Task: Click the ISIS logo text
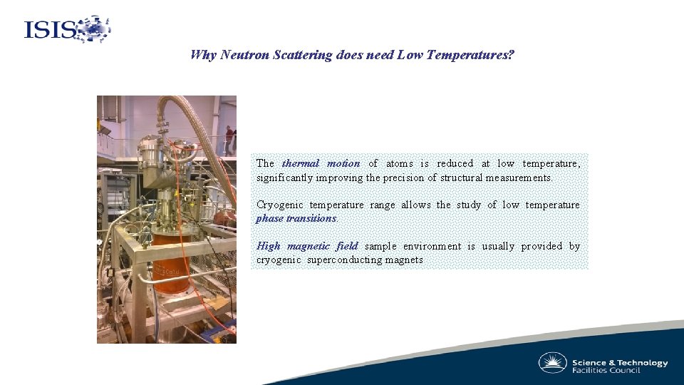click(x=50, y=30)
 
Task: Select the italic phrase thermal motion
click(x=321, y=163)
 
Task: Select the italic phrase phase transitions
click(x=296, y=218)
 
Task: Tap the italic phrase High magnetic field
click(x=307, y=246)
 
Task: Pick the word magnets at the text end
click(x=404, y=260)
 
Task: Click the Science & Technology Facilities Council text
click(x=620, y=366)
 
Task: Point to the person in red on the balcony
click(x=229, y=139)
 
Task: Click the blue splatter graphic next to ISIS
click(x=93, y=29)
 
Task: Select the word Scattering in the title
click(x=302, y=55)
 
